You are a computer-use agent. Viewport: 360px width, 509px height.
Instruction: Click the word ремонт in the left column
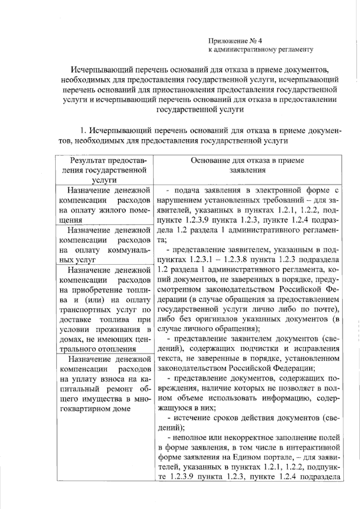pyautogui.click(x=122, y=389)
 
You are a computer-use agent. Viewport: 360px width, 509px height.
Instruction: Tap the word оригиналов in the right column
pyautogui.click(x=216, y=319)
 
